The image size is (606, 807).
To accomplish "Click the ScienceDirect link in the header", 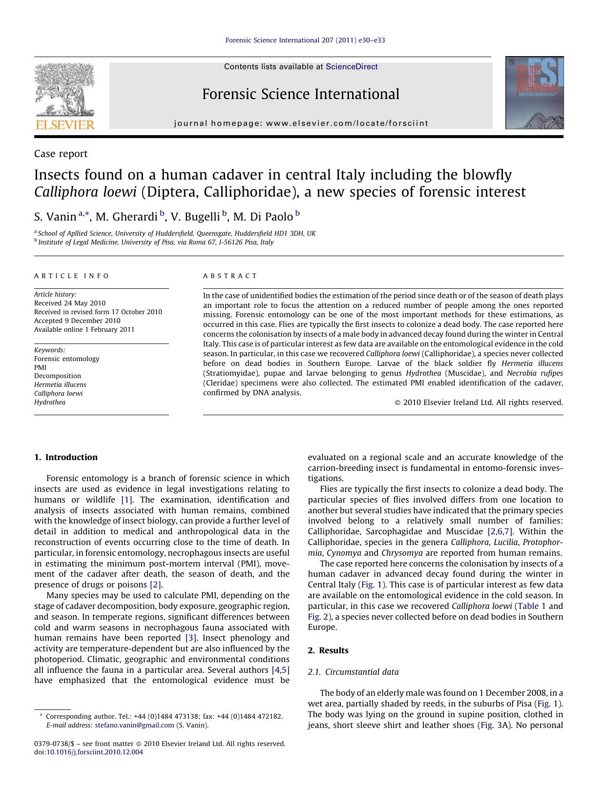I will pyautogui.click(x=352, y=67).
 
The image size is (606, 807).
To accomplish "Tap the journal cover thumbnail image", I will pyautogui.click(x=534, y=93).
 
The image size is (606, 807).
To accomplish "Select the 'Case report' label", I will pyautogui.click(x=61, y=154).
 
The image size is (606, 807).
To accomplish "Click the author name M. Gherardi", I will pyautogui.click(x=126, y=217).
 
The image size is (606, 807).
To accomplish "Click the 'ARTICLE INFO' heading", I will pyautogui.click(x=72, y=276).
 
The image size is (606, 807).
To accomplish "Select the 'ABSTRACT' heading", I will pyautogui.click(x=230, y=276).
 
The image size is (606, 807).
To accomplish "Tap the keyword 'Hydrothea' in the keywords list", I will pyautogui.click(x=50, y=402).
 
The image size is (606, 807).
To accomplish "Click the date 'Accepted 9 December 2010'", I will pyautogui.click(x=77, y=321).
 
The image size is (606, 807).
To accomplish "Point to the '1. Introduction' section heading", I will pyautogui.click(x=66, y=457).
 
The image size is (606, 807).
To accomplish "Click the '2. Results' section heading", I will pyautogui.click(x=328, y=650).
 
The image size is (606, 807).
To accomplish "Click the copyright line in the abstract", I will pyautogui.click(x=479, y=403).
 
